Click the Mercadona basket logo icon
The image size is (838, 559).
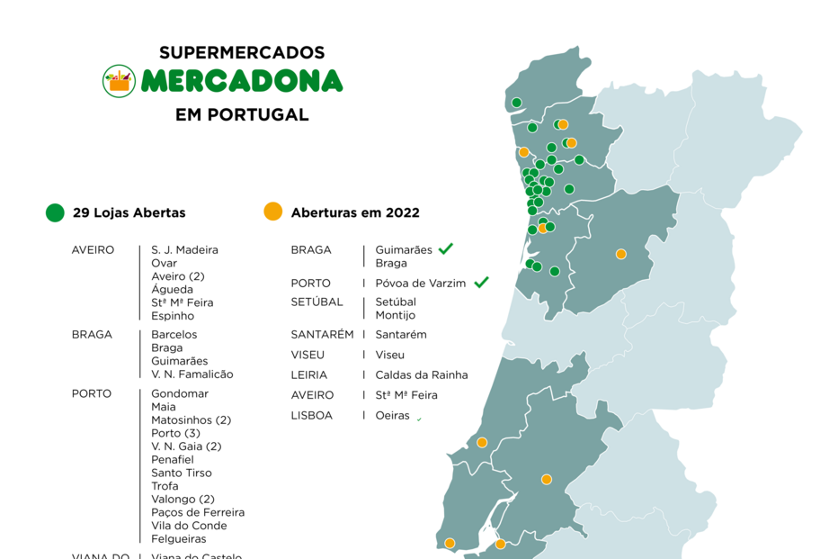point(119,81)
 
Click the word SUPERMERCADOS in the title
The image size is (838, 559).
point(242,53)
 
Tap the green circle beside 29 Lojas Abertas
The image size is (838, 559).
point(56,212)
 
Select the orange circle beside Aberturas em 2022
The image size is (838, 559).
point(272,212)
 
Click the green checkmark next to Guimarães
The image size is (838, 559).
point(446,248)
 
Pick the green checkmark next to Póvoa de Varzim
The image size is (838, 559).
point(481,283)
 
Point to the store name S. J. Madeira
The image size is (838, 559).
point(184,250)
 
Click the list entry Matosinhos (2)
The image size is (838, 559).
point(191,420)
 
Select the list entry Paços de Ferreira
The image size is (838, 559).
point(198,512)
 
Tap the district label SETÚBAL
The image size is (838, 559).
point(316,302)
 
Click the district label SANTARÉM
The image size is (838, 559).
point(322,335)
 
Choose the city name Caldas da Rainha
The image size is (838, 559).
point(421,375)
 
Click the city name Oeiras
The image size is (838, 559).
point(392,416)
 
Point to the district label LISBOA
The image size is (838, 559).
point(311,416)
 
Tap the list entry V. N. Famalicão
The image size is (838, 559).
point(192,374)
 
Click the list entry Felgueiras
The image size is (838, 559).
point(178,539)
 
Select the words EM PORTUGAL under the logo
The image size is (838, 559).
point(242,115)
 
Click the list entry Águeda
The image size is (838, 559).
point(172,290)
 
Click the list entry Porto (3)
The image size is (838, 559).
point(175,434)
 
